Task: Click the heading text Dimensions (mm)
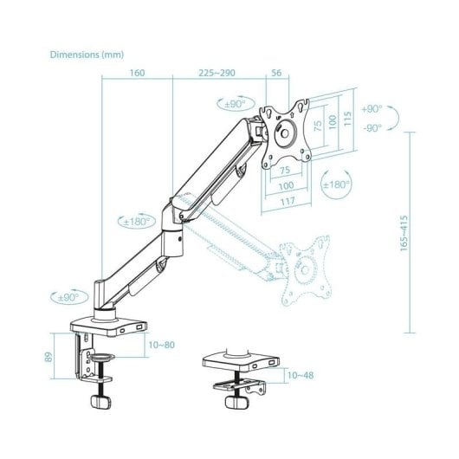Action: click(87, 55)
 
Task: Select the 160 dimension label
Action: click(137, 73)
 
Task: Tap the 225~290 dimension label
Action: click(217, 73)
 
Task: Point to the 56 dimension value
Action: click(276, 73)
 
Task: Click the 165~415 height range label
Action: click(404, 233)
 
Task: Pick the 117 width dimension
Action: click(288, 202)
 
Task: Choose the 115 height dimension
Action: click(347, 119)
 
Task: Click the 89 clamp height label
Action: click(48, 357)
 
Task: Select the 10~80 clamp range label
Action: click(162, 345)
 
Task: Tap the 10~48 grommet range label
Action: click(301, 375)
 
